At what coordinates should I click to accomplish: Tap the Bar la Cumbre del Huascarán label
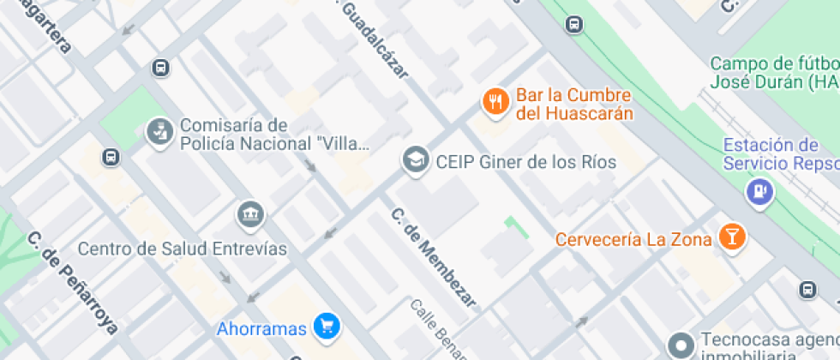click(574, 105)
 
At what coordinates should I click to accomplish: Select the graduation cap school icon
click(416, 159)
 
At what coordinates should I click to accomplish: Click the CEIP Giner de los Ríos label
click(525, 161)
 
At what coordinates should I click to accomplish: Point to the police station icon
click(159, 132)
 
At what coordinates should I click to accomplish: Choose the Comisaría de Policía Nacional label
click(274, 135)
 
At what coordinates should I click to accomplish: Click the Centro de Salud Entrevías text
click(182, 249)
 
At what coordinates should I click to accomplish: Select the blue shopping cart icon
click(326, 326)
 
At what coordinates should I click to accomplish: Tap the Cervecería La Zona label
click(633, 239)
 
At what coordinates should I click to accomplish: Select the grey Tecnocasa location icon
click(681, 345)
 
